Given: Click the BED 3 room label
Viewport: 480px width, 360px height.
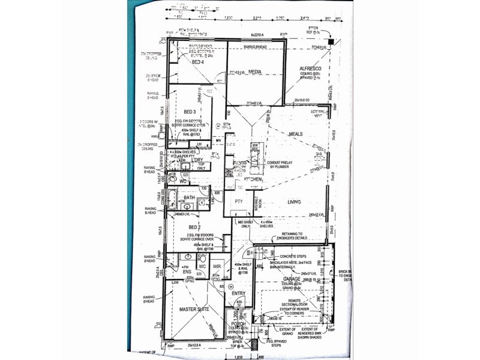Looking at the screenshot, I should pos(190,112).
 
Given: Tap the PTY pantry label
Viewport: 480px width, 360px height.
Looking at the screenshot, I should pos(239,202).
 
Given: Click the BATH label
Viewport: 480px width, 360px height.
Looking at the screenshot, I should pos(189,197).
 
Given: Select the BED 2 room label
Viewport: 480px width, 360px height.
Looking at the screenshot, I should pos(194,227).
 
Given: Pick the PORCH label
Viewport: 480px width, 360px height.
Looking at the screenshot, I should pos(239,324).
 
